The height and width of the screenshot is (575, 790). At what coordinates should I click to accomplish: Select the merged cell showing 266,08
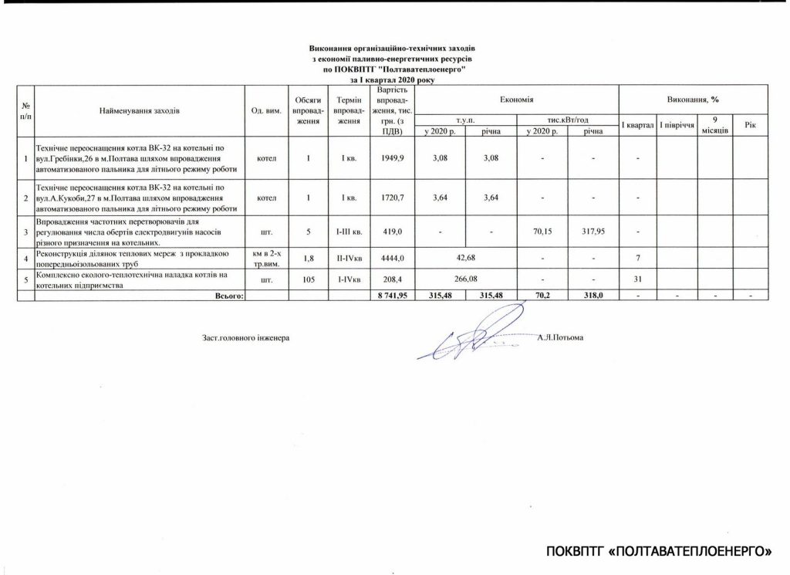(x=466, y=278)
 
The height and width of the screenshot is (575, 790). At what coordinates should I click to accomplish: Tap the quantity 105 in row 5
(x=308, y=278)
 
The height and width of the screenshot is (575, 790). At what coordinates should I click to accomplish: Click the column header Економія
(x=517, y=101)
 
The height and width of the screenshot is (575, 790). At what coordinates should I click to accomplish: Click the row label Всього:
(x=228, y=295)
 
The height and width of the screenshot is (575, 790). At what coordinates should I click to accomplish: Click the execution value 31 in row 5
(x=637, y=278)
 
